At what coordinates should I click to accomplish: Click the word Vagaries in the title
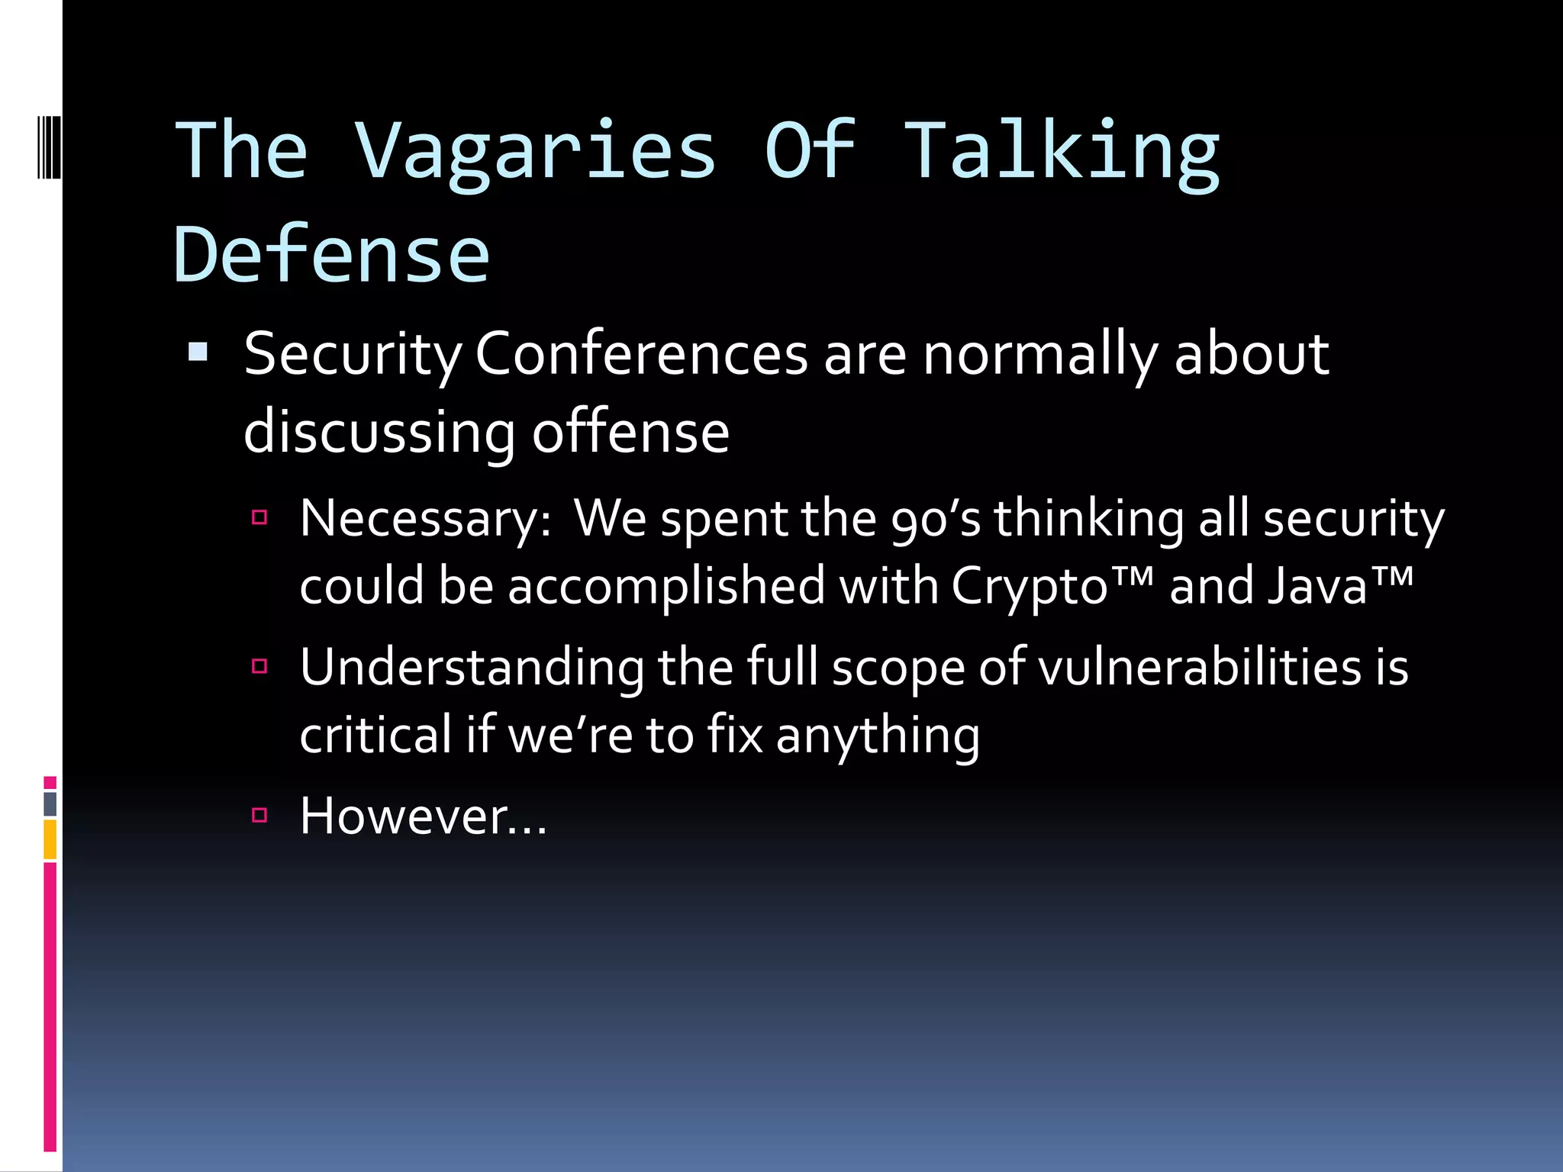pos(534,153)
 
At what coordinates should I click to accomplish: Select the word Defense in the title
pos(332,256)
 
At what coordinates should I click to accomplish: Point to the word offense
pos(630,433)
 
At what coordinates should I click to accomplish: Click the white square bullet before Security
pos(198,352)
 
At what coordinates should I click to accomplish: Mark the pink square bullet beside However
pos(259,815)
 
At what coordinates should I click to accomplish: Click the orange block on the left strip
pos(50,839)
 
